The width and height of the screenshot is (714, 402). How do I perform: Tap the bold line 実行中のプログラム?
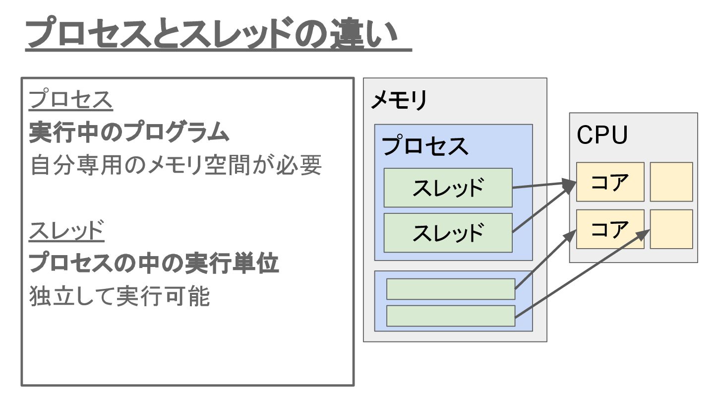point(129,133)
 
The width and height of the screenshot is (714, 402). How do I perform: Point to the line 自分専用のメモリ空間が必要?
point(176,166)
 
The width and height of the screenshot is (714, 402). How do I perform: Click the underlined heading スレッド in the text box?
point(66,232)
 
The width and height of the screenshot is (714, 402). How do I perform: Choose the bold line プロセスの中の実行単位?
point(154,264)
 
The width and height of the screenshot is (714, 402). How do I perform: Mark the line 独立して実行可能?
point(119,297)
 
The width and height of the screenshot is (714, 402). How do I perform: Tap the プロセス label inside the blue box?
point(425,146)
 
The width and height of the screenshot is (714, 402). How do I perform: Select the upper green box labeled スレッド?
point(448,188)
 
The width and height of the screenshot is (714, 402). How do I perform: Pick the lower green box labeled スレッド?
point(448,233)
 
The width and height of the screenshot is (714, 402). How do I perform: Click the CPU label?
point(602,135)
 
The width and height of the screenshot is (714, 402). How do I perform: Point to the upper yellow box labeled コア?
point(610,182)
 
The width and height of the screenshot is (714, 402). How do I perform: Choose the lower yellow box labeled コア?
point(610,229)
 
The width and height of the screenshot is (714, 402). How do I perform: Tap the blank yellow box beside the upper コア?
point(671,182)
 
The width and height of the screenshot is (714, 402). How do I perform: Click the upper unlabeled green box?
point(450,289)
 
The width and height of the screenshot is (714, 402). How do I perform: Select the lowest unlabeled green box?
point(450,316)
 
